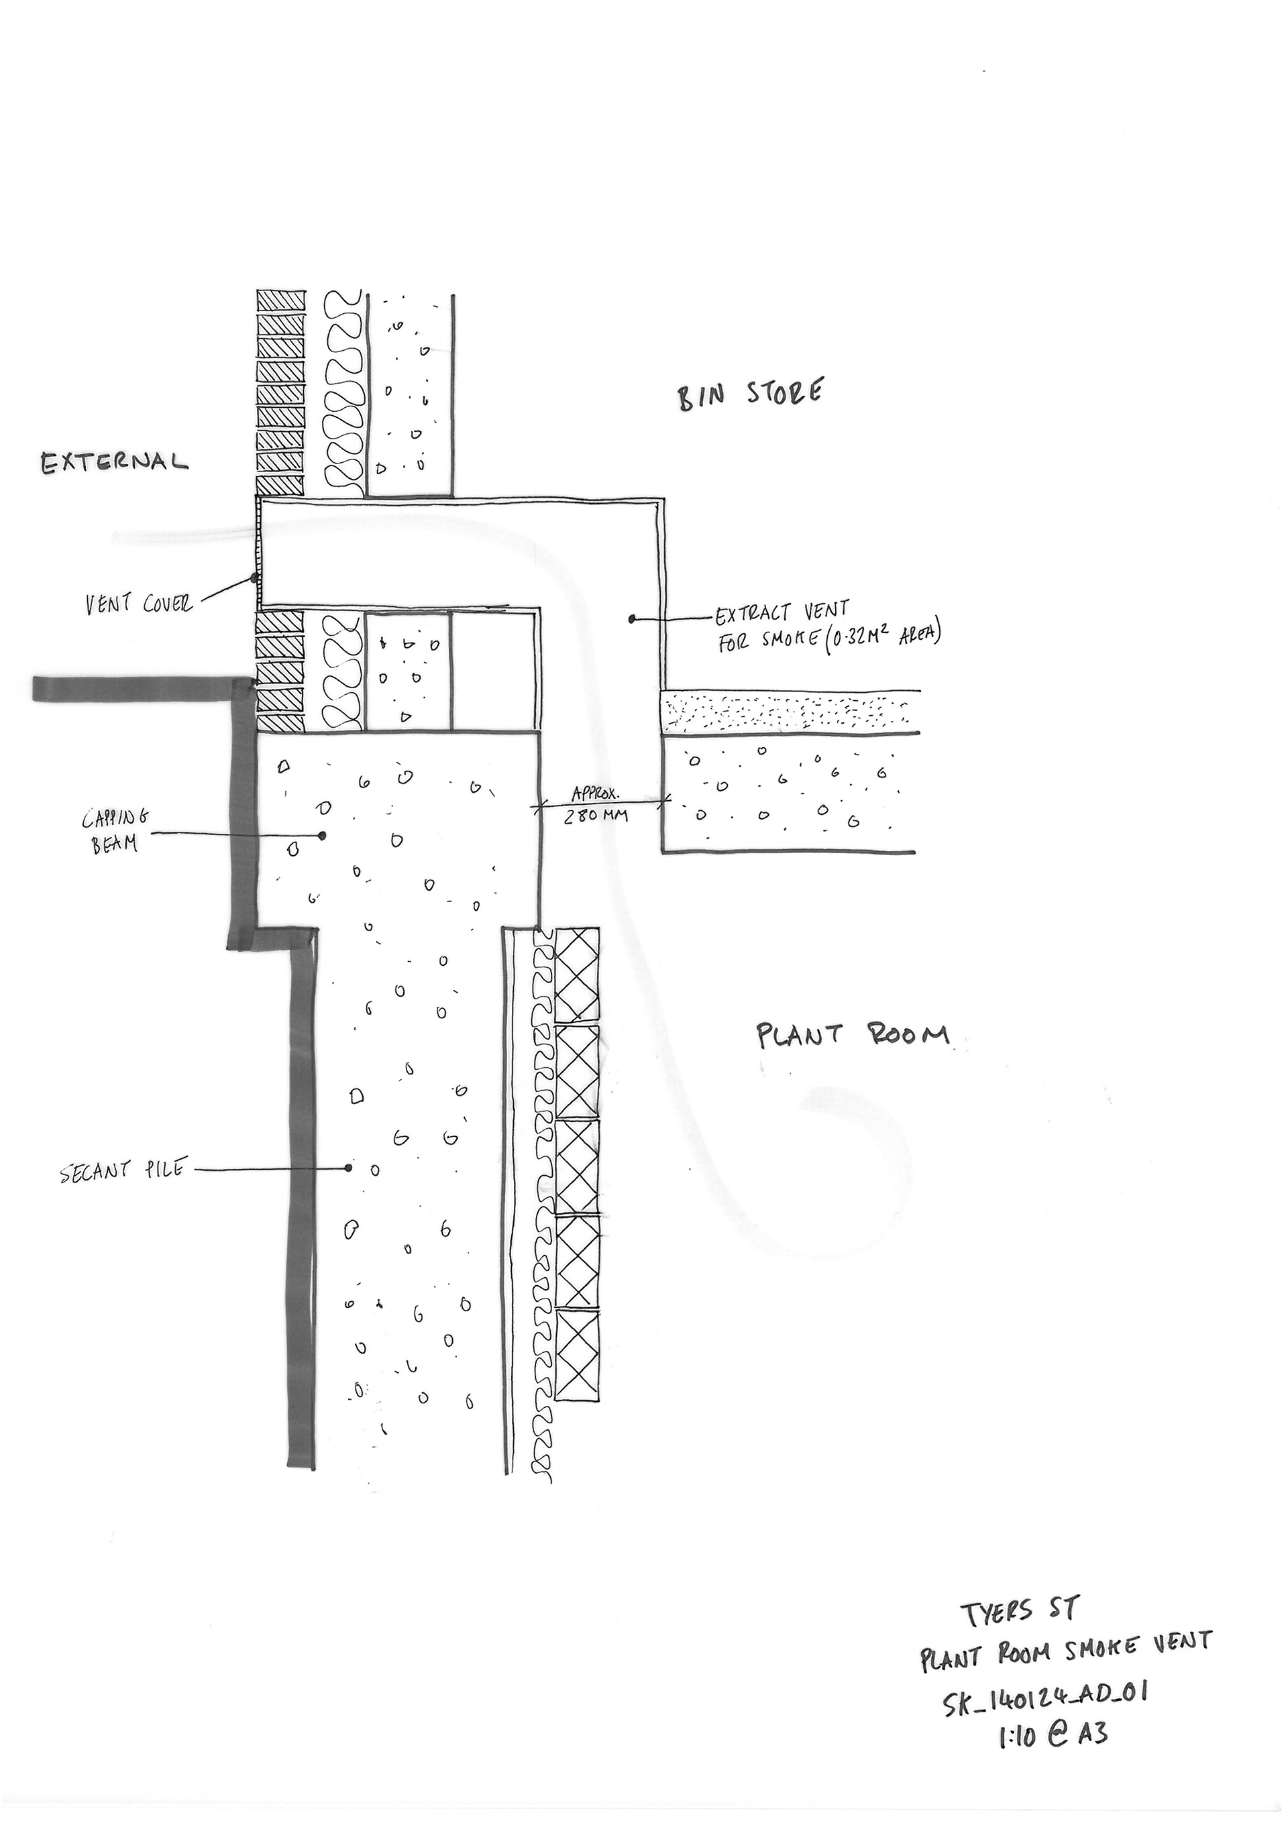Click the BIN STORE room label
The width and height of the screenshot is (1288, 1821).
(749, 394)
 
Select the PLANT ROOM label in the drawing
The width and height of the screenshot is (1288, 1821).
(853, 1035)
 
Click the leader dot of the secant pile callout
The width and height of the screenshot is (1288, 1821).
(347, 1168)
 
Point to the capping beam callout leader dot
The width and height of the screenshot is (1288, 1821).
(322, 835)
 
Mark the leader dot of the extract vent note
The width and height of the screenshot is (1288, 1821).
(632, 618)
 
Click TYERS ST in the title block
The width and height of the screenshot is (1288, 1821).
(1018, 1611)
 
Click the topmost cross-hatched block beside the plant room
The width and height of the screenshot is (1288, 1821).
(577, 975)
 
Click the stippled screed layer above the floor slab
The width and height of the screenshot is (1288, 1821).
(789, 712)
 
